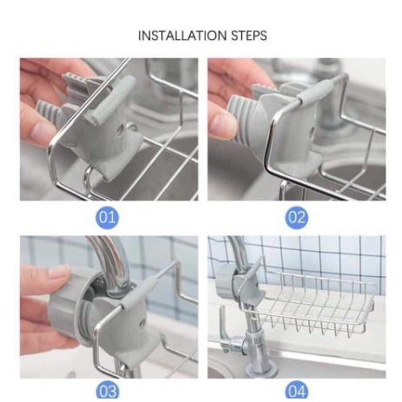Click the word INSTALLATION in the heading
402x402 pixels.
(182, 36)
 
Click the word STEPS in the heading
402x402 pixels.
(248, 36)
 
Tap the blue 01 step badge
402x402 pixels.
(107, 217)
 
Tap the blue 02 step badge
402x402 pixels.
(297, 217)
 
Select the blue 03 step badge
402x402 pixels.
(107, 391)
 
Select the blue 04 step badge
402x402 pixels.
(297, 391)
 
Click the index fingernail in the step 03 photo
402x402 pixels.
(59, 271)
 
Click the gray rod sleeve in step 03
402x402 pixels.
(138, 292)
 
